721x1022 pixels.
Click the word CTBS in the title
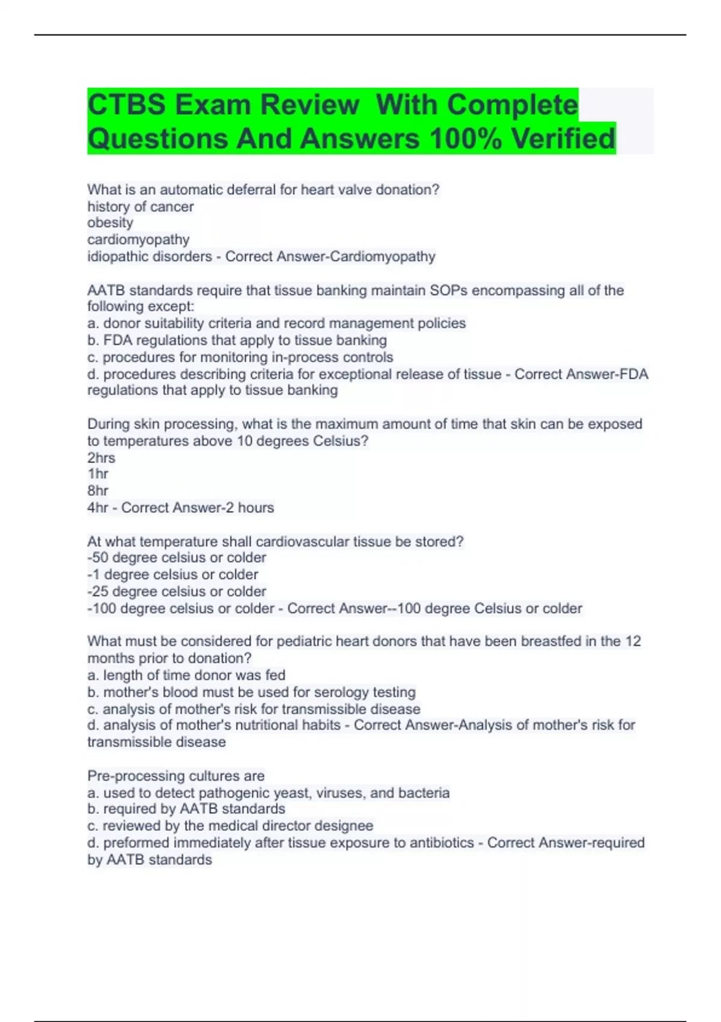coord(126,105)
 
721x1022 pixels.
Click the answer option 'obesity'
coord(110,222)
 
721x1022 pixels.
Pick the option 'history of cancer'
coord(140,207)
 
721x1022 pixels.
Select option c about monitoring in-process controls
coord(240,357)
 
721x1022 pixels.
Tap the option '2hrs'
coord(101,457)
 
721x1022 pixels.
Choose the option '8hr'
coord(98,491)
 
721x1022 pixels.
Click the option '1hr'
coord(98,474)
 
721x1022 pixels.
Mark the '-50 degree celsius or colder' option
coord(177,558)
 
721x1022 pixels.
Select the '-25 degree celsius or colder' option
coord(177,592)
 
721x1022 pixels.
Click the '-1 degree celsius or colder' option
coord(173,575)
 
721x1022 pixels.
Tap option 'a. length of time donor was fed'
coord(186,675)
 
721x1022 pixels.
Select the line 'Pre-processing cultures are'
coord(176,776)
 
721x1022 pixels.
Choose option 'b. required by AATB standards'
coord(186,809)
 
